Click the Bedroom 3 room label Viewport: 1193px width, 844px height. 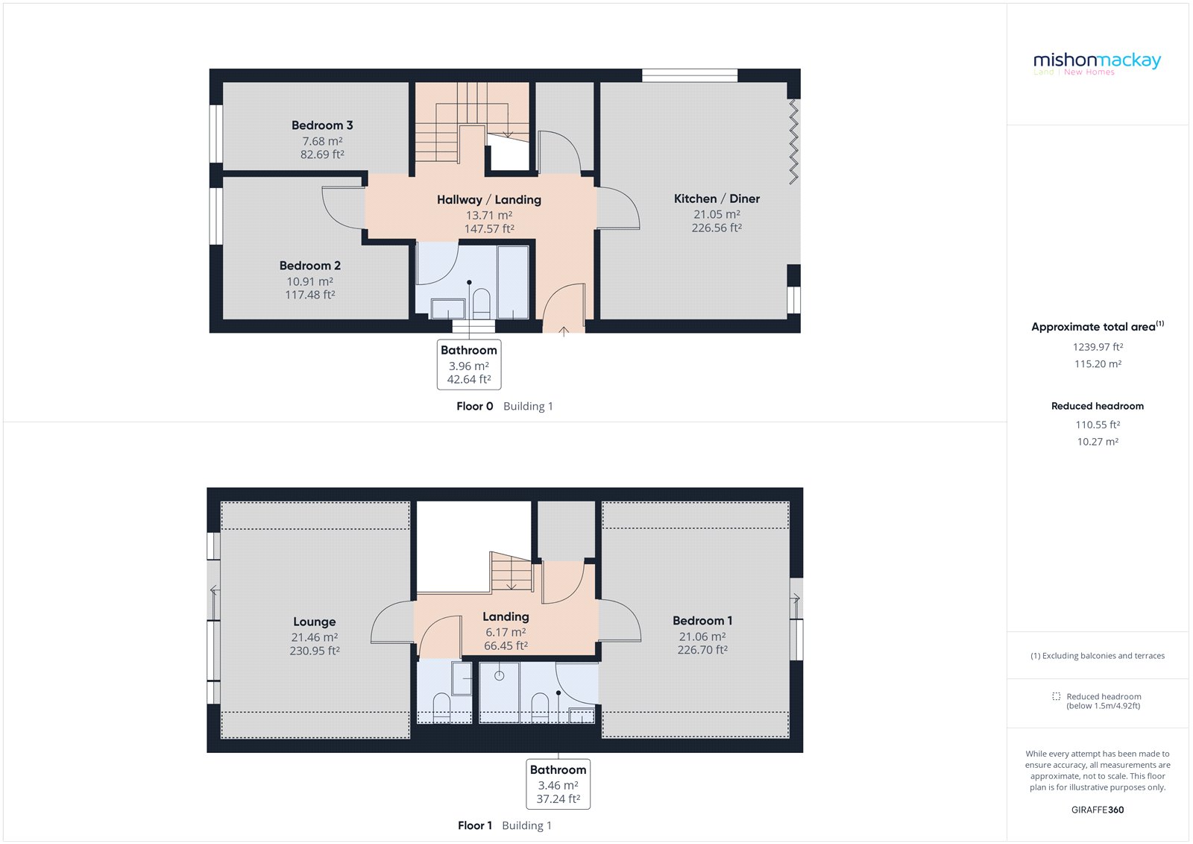coord(322,125)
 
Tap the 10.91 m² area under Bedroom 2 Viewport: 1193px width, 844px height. coord(309,281)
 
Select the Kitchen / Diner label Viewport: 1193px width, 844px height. coord(717,199)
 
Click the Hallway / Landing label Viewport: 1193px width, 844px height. coord(488,200)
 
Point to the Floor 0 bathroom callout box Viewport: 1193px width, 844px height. coord(468,364)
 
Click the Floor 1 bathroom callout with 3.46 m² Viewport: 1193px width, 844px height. coord(558,784)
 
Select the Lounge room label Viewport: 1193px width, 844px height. coord(314,622)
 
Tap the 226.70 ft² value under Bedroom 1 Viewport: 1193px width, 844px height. coord(702,650)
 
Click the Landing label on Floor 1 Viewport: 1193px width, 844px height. coord(506,616)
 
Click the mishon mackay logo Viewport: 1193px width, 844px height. coord(1097,61)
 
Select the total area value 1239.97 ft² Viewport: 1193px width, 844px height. coord(1098,347)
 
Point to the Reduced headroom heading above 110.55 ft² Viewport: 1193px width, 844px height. coord(1097,406)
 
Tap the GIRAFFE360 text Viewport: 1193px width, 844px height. coord(1097,810)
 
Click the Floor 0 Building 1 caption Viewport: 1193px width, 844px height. coord(504,406)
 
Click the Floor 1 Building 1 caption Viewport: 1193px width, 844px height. coord(504,825)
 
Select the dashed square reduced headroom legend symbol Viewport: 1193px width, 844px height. coord(1056,696)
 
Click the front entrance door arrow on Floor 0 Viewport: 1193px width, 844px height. coord(564,331)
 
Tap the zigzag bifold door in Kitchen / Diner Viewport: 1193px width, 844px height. coord(793,142)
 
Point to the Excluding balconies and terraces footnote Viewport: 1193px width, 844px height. coord(1097,656)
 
